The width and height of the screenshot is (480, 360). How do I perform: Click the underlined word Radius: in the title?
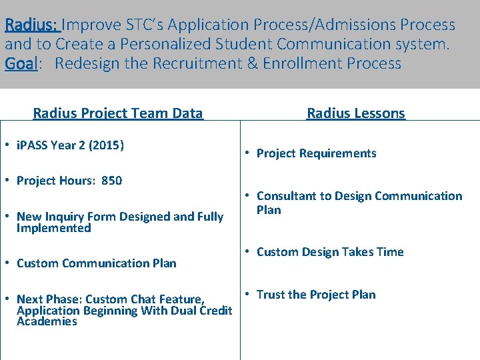33,25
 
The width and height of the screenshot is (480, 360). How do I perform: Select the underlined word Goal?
21,64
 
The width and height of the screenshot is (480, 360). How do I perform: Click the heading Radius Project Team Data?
118,113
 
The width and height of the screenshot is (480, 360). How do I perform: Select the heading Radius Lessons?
355,113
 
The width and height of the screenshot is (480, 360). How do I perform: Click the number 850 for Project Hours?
111,181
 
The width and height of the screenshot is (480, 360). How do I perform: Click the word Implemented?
53,228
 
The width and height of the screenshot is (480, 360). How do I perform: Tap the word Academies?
47,321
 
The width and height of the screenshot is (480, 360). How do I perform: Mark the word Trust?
271,295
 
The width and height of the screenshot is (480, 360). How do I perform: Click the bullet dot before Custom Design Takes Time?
247,252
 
